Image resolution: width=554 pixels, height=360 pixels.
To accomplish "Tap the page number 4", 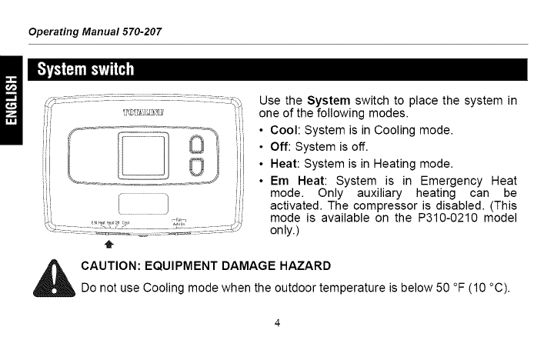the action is coord(276,322).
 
